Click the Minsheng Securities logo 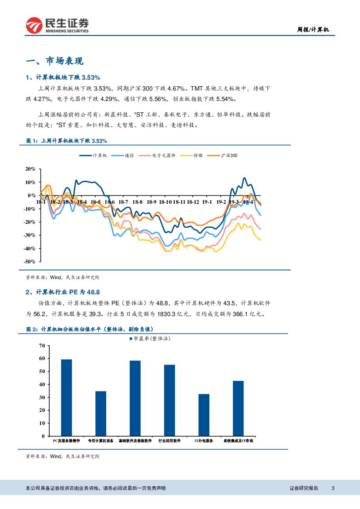[x=57, y=25]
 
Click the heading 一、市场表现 [x=55, y=61]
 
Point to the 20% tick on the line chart [x=30, y=169]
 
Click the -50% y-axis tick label [x=29, y=262]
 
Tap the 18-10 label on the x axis [x=165, y=202]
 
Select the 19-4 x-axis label [x=248, y=202]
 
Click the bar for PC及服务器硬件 [x=67, y=397]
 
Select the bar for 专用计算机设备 [x=101, y=413]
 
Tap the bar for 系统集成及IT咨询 [x=238, y=408]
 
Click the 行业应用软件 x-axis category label [x=169, y=441]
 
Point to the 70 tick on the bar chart [x=42, y=346]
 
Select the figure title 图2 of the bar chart [x=90, y=330]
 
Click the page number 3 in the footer [x=333, y=488]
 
